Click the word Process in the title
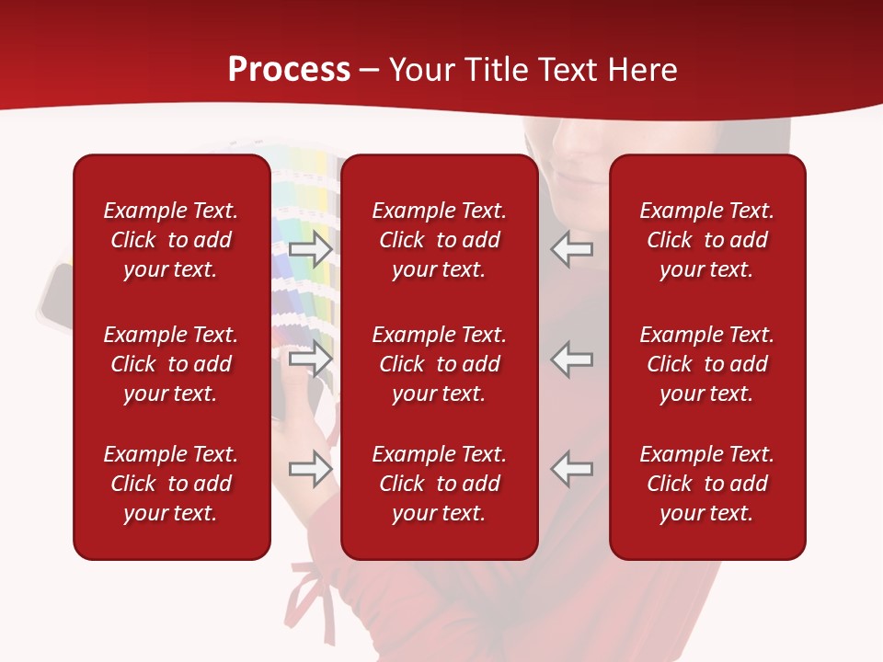tap(289, 70)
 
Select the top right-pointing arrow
tap(310, 248)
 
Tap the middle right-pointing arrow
tap(310, 359)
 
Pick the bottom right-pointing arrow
tap(310, 469)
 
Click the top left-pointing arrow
tap(572, 248)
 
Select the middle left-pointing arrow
tap(572, 359)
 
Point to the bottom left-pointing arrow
tap(572, 469)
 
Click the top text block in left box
tap(171, 240)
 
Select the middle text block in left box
tap(171, 364)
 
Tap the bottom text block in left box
tap(171, 484)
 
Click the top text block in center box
tap(440, 240)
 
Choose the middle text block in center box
tap(440, 364)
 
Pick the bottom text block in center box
tap(440, 484)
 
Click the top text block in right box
tap(707, 240)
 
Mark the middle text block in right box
tap(707, 364)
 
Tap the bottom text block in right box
tap(707, 484)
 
